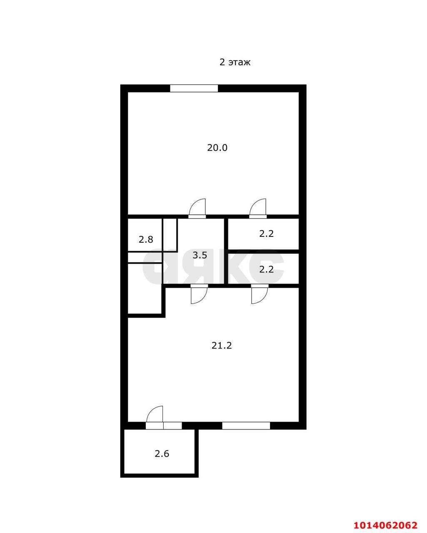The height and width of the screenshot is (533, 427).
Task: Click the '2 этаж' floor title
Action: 235,62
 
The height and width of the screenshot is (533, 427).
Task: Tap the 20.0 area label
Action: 217,147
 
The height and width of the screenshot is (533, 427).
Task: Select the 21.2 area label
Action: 222,345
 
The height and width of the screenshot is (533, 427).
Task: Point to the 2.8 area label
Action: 146,239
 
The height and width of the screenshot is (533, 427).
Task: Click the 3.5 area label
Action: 200,255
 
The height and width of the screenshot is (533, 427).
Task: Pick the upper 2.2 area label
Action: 267,234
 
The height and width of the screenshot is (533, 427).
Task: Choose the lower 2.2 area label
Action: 267,269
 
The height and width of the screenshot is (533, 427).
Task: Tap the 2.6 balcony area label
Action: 162,454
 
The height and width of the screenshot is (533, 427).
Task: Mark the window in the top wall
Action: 194,88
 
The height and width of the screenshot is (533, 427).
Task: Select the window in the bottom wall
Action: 246,426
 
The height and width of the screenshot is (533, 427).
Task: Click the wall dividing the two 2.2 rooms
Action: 263,252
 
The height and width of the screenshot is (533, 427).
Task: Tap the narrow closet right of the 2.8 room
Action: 170,234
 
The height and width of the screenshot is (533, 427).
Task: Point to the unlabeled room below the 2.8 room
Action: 145,288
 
